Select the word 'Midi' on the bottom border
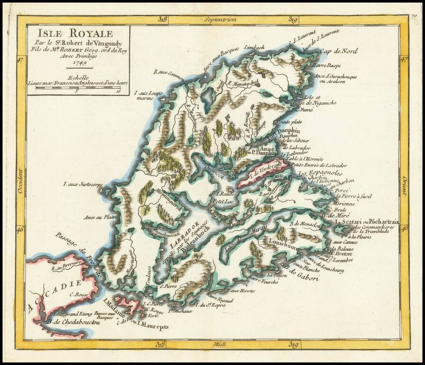[x=220, y=344]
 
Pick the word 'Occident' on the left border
[x=20, y=181]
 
